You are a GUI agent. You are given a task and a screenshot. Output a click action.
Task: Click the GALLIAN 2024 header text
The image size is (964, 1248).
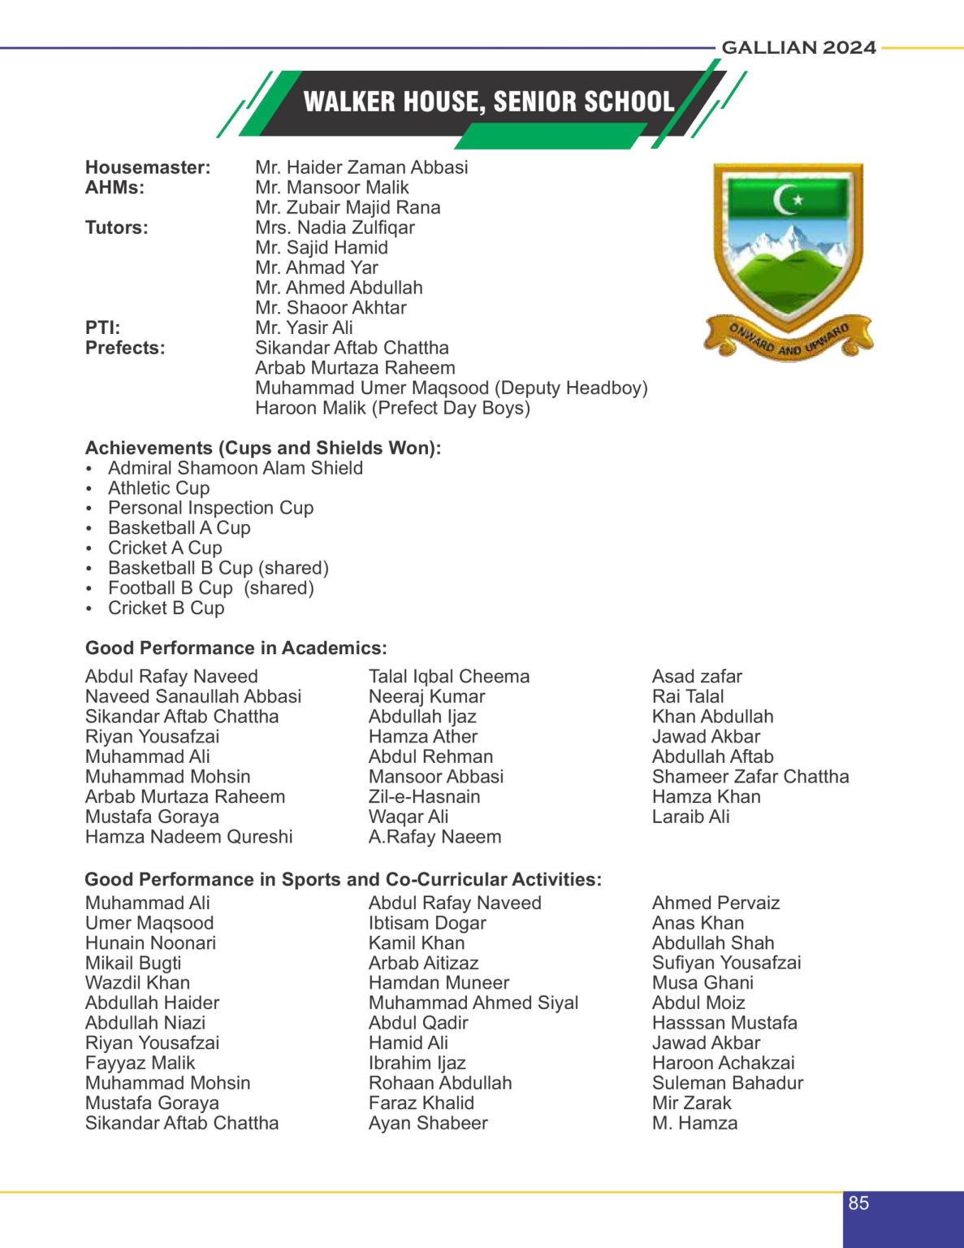pos(798,48)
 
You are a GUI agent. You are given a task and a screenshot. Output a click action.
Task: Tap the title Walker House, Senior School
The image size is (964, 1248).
pos(489,102)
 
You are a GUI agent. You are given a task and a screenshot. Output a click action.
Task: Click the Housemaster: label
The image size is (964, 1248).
pos(148,167)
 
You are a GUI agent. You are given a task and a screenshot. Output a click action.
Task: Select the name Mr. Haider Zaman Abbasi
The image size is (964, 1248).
pos(361,167)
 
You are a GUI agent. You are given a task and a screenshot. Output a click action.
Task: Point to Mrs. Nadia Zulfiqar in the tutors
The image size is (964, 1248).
pos(335,227)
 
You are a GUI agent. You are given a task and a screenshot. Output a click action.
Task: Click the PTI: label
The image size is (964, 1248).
pos(102,327)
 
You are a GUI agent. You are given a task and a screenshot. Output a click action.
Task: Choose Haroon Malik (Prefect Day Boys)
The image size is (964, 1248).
pos(392,408)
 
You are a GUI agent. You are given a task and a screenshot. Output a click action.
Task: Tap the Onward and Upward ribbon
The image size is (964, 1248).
pos(788,339)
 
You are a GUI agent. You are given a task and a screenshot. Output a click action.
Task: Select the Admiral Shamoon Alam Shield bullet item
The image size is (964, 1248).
pos(236,468)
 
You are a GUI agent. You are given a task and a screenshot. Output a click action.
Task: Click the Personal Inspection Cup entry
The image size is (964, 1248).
pos(210,508)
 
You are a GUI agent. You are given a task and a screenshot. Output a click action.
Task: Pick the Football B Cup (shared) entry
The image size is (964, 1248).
pos(211,588)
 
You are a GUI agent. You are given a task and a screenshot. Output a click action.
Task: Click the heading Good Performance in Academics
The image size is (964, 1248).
pos(236,648)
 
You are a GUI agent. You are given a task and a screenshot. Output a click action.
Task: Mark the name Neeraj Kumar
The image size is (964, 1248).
pos(426,696)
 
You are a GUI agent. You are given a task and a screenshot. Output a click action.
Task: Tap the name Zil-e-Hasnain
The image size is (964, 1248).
pos(424,797)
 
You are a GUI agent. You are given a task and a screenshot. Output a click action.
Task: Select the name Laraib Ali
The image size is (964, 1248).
pos(690,817)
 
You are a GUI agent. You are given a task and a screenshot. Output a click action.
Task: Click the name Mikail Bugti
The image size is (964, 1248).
pos(133,963)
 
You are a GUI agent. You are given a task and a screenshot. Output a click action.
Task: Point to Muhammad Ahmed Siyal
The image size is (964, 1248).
pos(473,1003)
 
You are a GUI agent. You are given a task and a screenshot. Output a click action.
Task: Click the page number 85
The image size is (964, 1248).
pos(858,1203)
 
